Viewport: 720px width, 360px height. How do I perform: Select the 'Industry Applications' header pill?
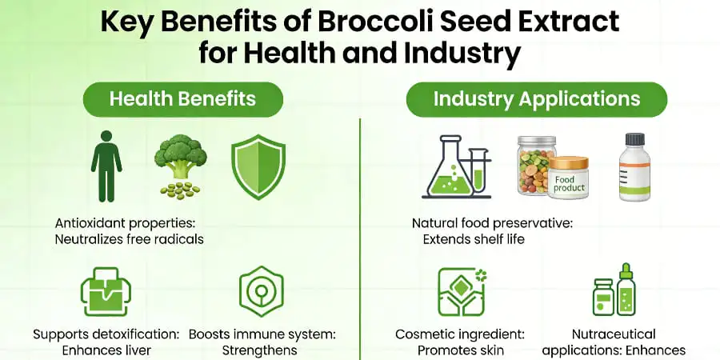point(537,99)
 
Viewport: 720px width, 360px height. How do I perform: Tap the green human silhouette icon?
point(106,167)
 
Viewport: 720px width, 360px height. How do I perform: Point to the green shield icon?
point(258,166)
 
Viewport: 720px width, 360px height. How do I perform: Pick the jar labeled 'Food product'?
point(568,178)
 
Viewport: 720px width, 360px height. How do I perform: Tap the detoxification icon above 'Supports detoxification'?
point(106,292)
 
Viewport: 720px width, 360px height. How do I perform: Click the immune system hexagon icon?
point(260,291)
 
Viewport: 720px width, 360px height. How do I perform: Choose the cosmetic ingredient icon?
point(462,291)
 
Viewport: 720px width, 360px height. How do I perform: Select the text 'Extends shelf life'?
point(474,238)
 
